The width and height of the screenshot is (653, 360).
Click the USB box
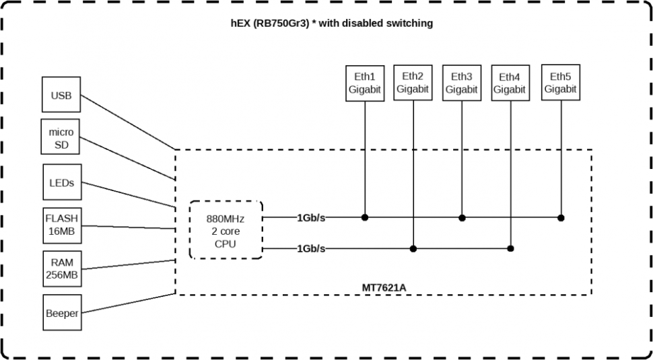coord(61,96)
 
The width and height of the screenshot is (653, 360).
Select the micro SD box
coord(61,137)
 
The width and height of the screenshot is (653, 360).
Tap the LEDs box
coord(62,182)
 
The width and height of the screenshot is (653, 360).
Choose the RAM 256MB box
coord(61,269)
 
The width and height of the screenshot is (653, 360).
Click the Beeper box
coord(62,313)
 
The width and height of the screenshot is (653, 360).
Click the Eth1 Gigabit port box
coord(364,83)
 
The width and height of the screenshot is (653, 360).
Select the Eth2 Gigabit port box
coord(413,83)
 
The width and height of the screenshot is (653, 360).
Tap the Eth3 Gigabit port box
coord(461,83)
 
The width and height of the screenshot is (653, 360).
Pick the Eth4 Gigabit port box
coord(510,83)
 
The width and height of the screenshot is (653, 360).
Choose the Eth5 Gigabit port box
coord(560,83)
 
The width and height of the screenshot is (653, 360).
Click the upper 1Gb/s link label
coord(311,217)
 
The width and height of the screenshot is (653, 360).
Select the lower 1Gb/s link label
coord(311,248)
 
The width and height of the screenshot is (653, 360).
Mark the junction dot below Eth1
coord(364,217)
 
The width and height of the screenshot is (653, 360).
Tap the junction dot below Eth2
coord(413,248)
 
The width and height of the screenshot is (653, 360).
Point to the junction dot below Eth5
coord(560,217)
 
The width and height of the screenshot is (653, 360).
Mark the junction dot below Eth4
coord(510,248)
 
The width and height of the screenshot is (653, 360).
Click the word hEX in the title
coord(240,23)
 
